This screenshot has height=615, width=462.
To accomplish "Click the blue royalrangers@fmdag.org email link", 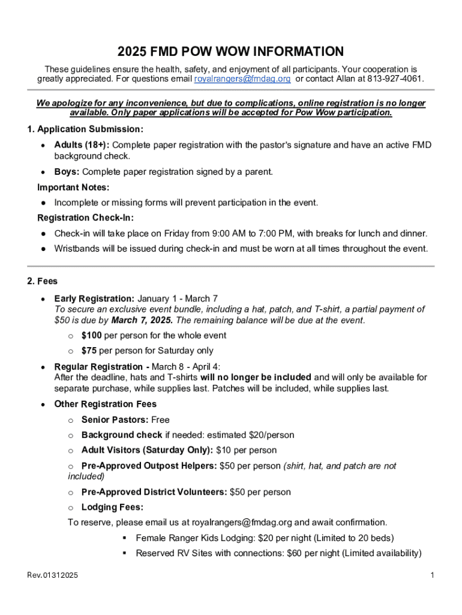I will [x=242, y=79].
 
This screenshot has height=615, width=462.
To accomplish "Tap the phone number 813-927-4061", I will [x=395, y=79].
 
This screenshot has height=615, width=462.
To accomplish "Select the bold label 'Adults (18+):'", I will [x=82, y=145].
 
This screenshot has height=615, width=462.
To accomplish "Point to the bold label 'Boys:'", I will [x=67, y=172].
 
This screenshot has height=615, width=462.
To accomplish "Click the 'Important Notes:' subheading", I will [x=73, y=187].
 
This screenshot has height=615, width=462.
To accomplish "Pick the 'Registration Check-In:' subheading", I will [x=85, y=217].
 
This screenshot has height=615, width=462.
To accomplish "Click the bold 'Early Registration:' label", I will [x=94, y=298].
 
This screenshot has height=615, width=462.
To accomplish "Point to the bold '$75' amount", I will [x=89, y=350].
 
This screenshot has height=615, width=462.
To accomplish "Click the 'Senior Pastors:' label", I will [x=115, y=420].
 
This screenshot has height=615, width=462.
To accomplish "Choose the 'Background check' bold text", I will [x=122, y=435].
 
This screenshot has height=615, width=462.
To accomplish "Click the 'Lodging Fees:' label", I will [x=112, y=507].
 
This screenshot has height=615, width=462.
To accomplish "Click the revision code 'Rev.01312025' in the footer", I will [x=52, y=577].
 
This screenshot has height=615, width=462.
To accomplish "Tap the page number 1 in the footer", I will [x=432, y=577].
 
